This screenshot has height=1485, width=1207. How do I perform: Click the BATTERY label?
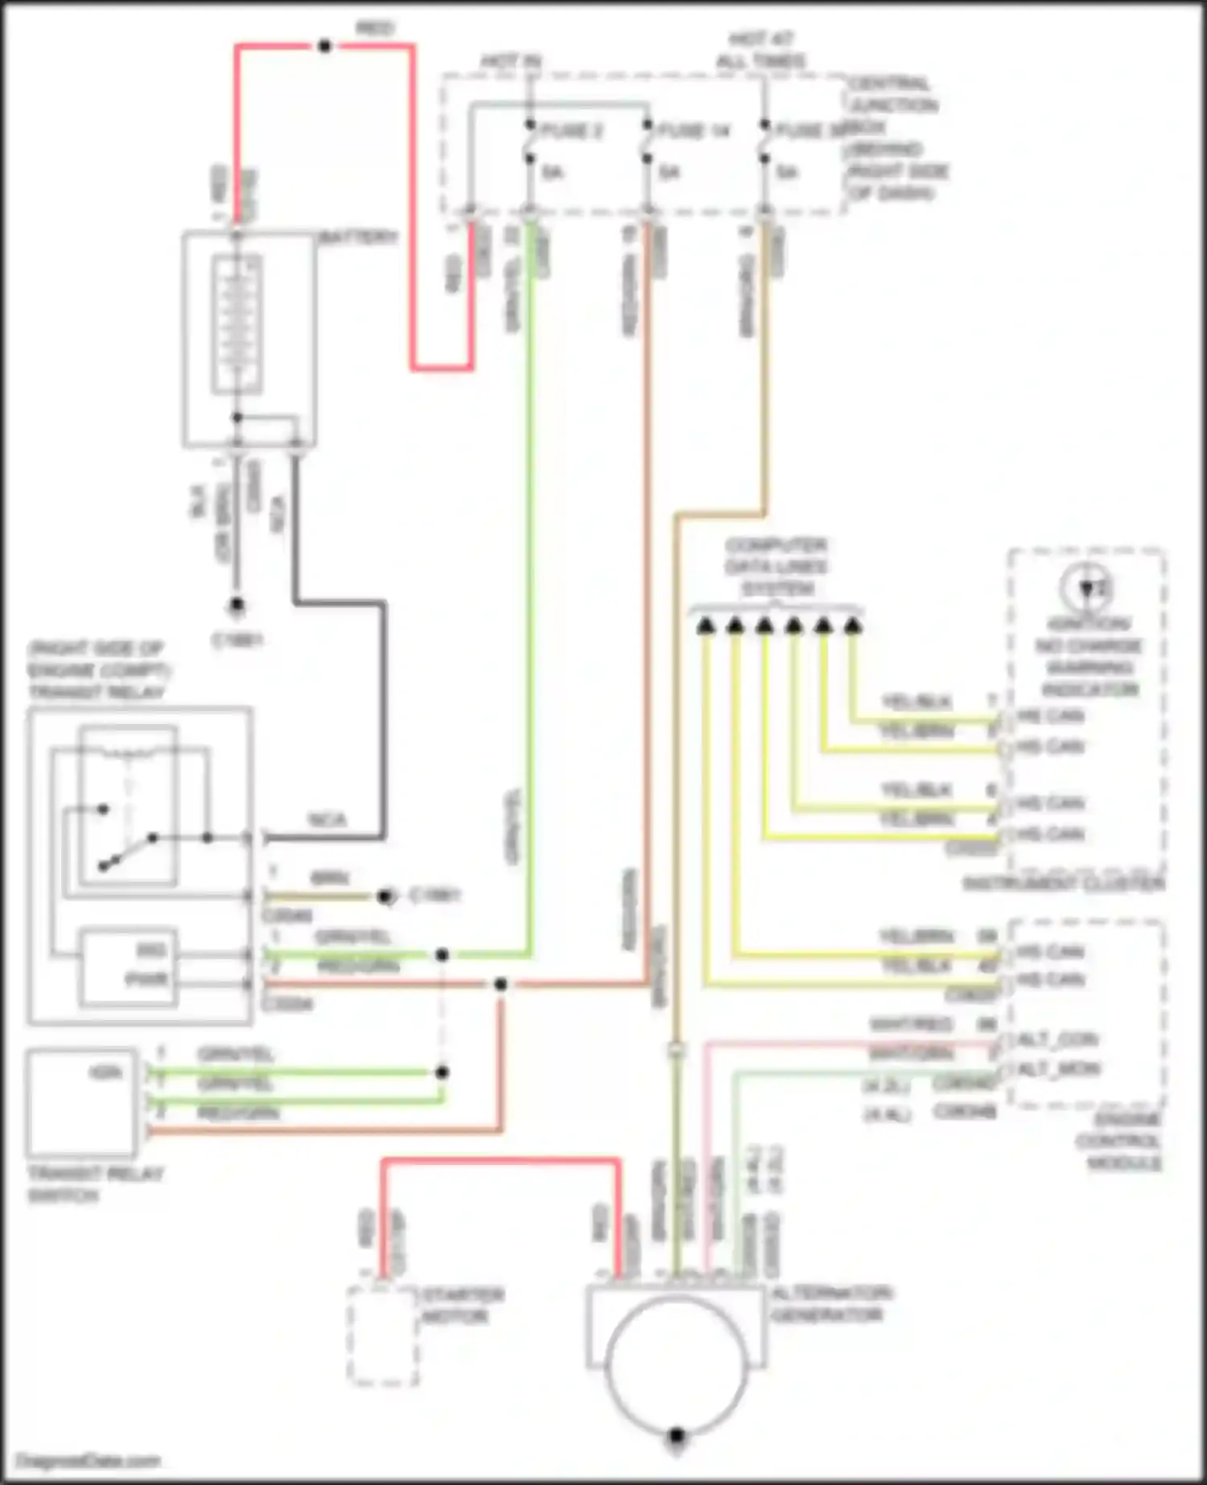coord(358,237)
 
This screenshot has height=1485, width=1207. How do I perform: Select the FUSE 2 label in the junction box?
coord(571,130)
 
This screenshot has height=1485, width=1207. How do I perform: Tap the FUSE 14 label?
coord(694,130)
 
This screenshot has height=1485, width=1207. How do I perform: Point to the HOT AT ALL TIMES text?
coord(760,50)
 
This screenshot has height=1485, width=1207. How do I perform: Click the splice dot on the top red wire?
coord(324,47)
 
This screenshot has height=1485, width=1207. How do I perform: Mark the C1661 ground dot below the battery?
coord(236,604)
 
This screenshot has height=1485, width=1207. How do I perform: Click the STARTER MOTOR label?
coord(463,1306)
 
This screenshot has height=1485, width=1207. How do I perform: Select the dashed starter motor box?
coord(383,1336)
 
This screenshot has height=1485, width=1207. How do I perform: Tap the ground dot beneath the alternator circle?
coord(677,1436)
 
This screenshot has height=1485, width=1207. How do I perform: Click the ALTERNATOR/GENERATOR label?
coord(830,1304)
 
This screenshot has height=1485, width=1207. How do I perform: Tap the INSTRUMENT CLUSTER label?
coord(1063,884)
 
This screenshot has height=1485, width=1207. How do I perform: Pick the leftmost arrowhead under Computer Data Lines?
coord(705,625)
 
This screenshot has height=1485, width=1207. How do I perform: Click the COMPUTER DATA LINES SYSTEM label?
coord(776,567)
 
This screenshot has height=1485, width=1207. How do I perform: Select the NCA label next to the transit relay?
coord(327,820)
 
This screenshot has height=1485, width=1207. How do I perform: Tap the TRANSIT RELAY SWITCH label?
coord(95,1184)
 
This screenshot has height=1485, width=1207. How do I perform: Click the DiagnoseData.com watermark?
coord(89,1460)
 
